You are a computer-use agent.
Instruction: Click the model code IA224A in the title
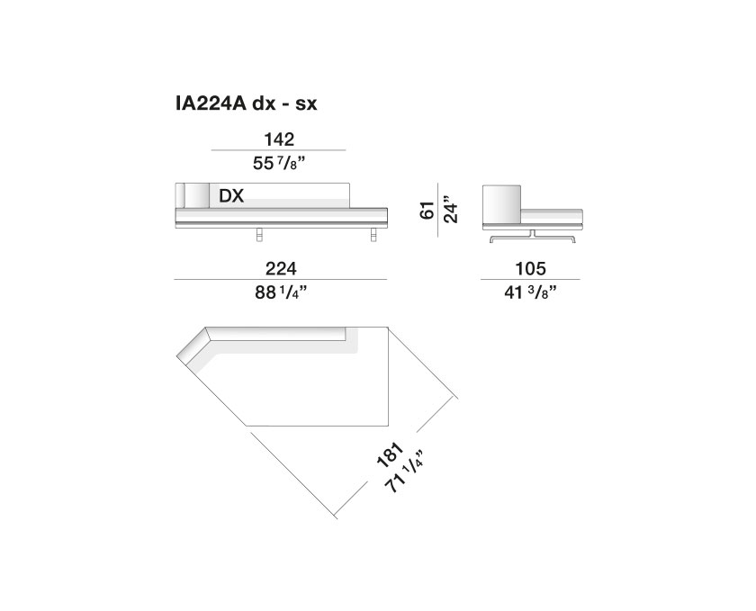211,103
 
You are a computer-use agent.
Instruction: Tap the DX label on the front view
231,196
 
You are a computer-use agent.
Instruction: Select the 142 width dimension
279,139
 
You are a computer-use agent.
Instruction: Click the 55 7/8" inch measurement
280,164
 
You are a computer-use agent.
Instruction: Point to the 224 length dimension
281,268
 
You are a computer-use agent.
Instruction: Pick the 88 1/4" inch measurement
281,292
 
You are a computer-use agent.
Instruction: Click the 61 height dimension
427,211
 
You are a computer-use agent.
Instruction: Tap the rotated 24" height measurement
450,210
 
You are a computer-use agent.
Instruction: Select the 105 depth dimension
530,268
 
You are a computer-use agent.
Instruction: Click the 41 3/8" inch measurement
530,292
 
